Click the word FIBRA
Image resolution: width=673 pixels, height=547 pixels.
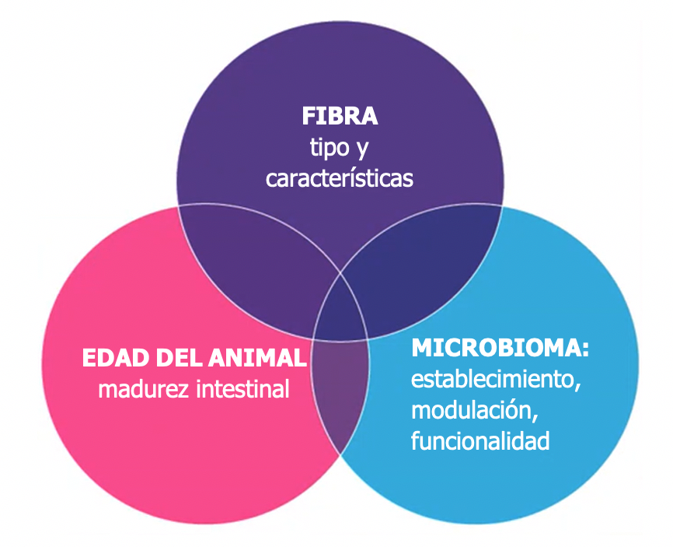click(x=340, y=117)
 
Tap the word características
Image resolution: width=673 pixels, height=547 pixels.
click(x=340, y=177)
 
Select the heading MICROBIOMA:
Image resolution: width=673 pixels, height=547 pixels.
click(x=500, y=348)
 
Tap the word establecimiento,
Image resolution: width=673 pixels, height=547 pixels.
click(x=496, y=380)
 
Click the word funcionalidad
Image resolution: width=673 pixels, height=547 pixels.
click(x=480, y=441)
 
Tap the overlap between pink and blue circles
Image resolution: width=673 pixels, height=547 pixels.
click(x=339, y=389)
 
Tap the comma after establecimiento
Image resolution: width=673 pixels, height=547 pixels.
click(x=578, y=387)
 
